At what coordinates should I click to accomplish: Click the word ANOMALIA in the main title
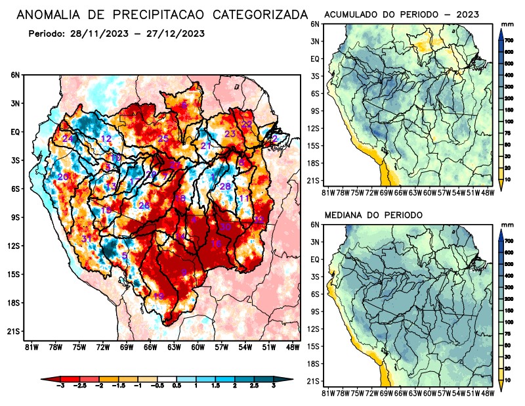tap(56, 14)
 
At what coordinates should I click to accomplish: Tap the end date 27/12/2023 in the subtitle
tap(173, 33)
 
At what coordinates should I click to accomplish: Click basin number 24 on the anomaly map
tap(68, 139)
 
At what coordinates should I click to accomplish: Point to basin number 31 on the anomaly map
tap(86, 238)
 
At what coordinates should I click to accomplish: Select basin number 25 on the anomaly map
tap(163, 139)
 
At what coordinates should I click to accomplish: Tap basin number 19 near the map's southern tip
tap(158, 296)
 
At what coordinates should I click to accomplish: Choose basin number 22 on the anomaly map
tap(247, 124)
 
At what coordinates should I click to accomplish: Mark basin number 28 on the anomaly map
tap(225, 187)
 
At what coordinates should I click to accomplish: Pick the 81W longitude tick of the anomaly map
tap(30, 346)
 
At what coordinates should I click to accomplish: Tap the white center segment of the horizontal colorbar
tap(165, 379)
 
